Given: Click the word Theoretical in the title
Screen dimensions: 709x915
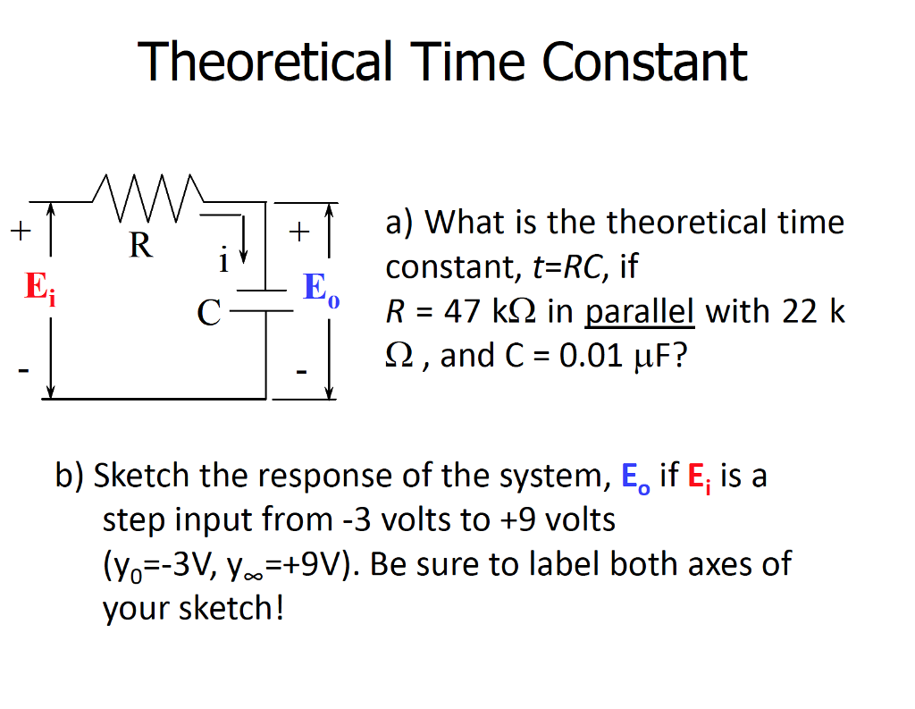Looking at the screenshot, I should click(265, 63).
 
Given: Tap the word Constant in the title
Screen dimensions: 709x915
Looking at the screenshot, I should click(644, 63).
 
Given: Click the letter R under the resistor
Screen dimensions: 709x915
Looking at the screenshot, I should click(140, 243).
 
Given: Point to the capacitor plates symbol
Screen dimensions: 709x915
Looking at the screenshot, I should click(265, 300).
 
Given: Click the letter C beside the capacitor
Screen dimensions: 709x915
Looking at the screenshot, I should click(209, 312).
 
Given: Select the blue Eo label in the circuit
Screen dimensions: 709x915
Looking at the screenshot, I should click(321, 289).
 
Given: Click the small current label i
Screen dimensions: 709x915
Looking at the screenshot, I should click(223, 260).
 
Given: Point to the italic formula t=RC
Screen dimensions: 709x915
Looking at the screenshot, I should click(561, 266).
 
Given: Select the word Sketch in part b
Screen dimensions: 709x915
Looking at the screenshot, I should click(143, 476).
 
